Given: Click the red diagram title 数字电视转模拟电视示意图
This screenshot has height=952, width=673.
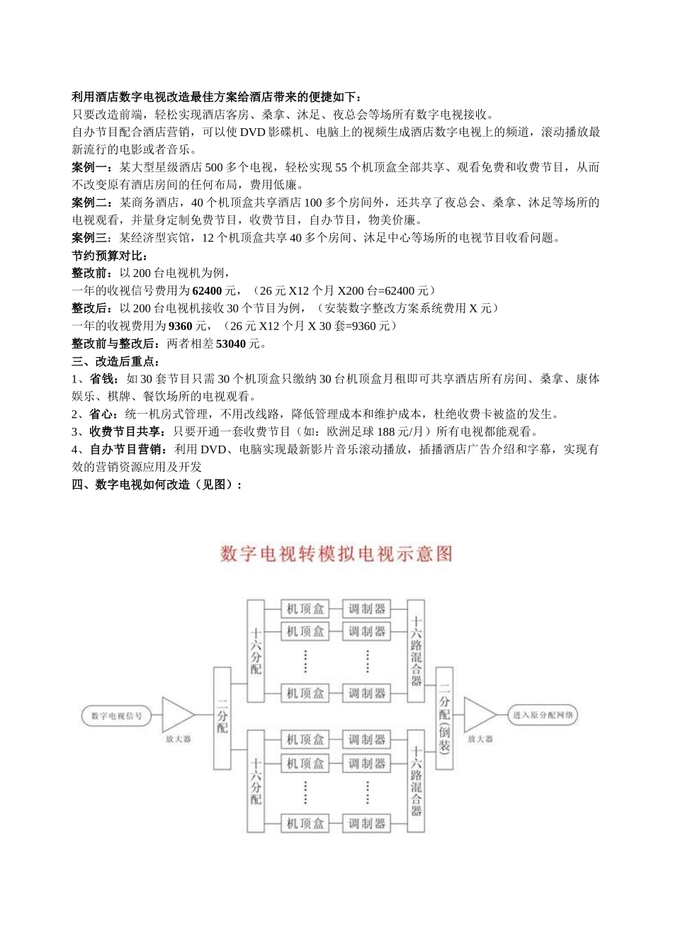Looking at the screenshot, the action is click(x=336, y=554).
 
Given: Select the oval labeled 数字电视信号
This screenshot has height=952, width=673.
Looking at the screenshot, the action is click(x=117, y=716).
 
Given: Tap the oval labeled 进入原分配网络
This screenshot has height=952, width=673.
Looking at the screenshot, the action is click(x=543, y=715).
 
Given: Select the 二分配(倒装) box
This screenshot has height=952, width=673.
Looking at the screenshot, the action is click(x=444, y=718).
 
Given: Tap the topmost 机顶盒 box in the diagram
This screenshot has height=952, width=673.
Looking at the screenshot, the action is click(x=305, y=609).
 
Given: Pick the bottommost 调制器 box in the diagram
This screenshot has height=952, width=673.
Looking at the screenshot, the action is click(x=366, y=823).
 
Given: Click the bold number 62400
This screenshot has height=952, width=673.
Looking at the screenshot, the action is click(x=208, y=290).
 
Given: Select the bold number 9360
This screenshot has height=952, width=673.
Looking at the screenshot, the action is click(x=181, y=326).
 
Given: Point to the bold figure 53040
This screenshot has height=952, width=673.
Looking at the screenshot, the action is click(x=231, y=344).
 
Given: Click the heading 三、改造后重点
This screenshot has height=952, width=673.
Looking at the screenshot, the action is click(x=116, y=361).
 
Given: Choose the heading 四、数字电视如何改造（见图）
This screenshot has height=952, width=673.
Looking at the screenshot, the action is click(x=157, y=484).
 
